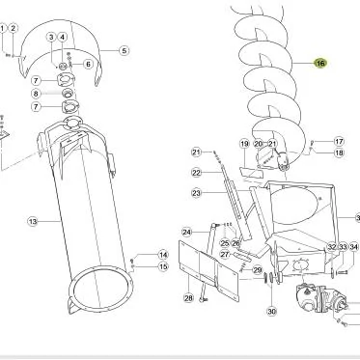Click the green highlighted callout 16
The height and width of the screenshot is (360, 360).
point(320,63)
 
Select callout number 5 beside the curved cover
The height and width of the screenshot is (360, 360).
point(125,51)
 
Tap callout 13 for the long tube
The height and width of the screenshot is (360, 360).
point(33,221)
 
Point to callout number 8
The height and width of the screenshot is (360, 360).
point(36,94)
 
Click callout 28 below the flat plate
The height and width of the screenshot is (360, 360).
point(188,298)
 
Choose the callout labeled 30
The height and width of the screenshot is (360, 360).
point(272,312)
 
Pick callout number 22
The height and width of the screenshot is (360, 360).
point(196,173)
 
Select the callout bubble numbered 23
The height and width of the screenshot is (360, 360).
point(196,193)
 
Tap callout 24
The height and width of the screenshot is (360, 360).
point(186,232)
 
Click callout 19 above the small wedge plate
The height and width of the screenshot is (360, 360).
point(244,144)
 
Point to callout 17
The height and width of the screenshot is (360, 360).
point(339,141)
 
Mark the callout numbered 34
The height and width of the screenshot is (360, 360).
point(354,247)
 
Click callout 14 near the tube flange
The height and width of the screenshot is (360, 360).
point(163,255)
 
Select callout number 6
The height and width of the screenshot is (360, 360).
point(89,64)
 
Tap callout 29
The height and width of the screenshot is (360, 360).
point(258,270)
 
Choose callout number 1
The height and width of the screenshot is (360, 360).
point(2,28)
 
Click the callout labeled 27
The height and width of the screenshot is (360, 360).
point(225,255)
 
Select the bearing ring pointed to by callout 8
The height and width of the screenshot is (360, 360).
point(68,94)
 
